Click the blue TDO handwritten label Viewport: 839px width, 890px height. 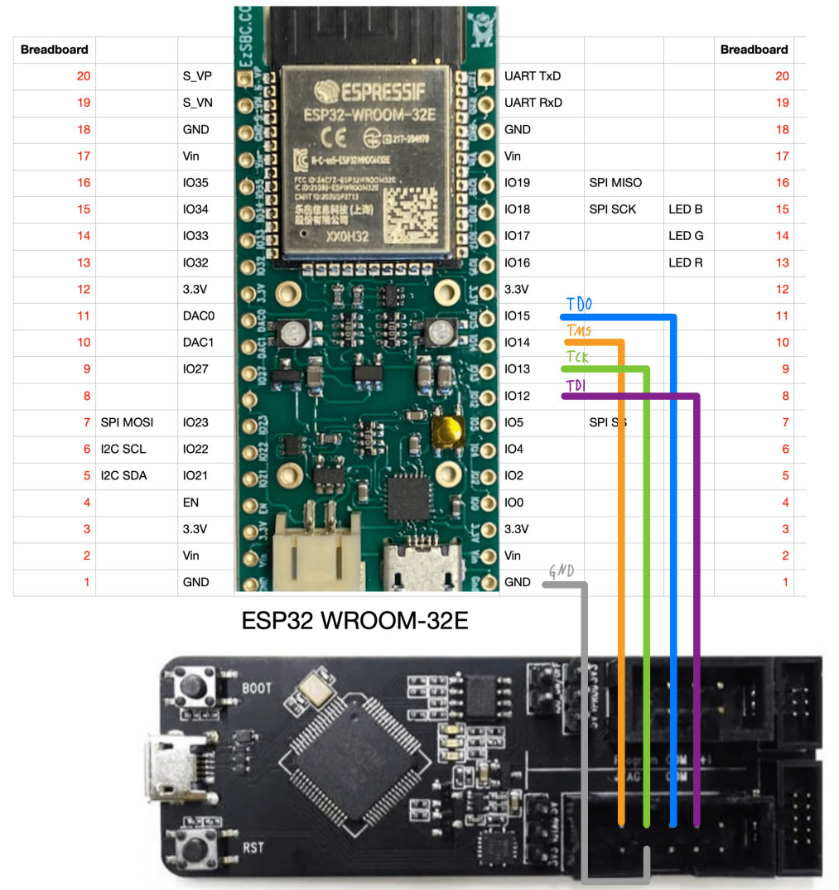pos(579,304)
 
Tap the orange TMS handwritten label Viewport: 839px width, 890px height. pos(578,331)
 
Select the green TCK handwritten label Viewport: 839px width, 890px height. pos(578,358)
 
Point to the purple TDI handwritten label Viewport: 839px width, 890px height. pos(575,386)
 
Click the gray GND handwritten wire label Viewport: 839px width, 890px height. pos(561,571)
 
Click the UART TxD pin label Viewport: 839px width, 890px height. pos(533,76)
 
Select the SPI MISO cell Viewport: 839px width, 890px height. pos(615,183)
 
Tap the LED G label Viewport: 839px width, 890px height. pos(686,236)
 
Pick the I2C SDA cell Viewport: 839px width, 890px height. pos(123,476)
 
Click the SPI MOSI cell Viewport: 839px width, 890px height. pos(127,423)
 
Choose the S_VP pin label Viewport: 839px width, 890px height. pos(197,76)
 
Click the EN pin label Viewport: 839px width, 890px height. pos(190,503)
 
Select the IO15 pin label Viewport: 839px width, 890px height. pos(517,316)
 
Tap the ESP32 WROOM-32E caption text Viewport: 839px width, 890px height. pos(354,620)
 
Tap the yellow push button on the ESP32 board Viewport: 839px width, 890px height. pos(447,430)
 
